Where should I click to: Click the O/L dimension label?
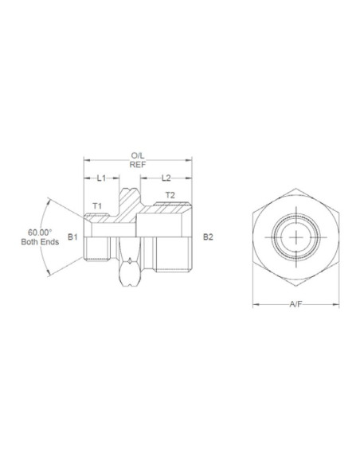point(137,156)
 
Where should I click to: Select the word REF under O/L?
point(137,166)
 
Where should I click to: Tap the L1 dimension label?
point(102,179)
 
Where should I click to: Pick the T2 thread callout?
point(170,194)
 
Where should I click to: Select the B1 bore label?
point(72,236)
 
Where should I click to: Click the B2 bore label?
point(207,236)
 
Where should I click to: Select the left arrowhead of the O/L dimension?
point(86,161)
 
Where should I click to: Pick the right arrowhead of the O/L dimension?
point(192,161)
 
